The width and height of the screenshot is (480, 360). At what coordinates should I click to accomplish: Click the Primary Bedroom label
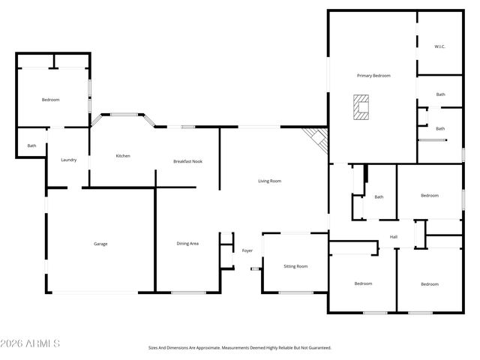373,76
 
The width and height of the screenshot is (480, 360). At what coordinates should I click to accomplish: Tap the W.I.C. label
439,46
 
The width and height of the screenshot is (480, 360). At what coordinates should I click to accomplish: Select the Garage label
100,244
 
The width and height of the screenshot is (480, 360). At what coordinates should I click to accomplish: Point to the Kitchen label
123,156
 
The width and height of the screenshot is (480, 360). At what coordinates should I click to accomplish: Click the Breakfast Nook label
187,161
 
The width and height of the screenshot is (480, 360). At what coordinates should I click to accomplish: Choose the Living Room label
270,181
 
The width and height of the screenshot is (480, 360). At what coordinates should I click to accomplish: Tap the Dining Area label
187,244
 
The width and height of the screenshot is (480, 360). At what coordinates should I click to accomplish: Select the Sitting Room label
295,266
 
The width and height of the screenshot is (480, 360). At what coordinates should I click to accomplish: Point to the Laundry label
69,160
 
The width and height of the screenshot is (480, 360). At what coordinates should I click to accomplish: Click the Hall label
393,238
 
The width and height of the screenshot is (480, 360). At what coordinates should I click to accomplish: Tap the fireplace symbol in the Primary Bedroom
363,107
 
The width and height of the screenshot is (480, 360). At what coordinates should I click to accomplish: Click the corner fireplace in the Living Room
317,139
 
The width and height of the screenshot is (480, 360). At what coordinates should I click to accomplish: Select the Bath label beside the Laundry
31,145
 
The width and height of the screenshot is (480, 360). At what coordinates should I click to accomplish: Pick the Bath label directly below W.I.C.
440,94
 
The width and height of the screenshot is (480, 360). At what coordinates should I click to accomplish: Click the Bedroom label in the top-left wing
50,100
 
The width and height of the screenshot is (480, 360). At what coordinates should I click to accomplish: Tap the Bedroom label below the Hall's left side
363,283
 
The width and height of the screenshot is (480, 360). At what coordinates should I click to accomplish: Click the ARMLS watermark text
31,343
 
